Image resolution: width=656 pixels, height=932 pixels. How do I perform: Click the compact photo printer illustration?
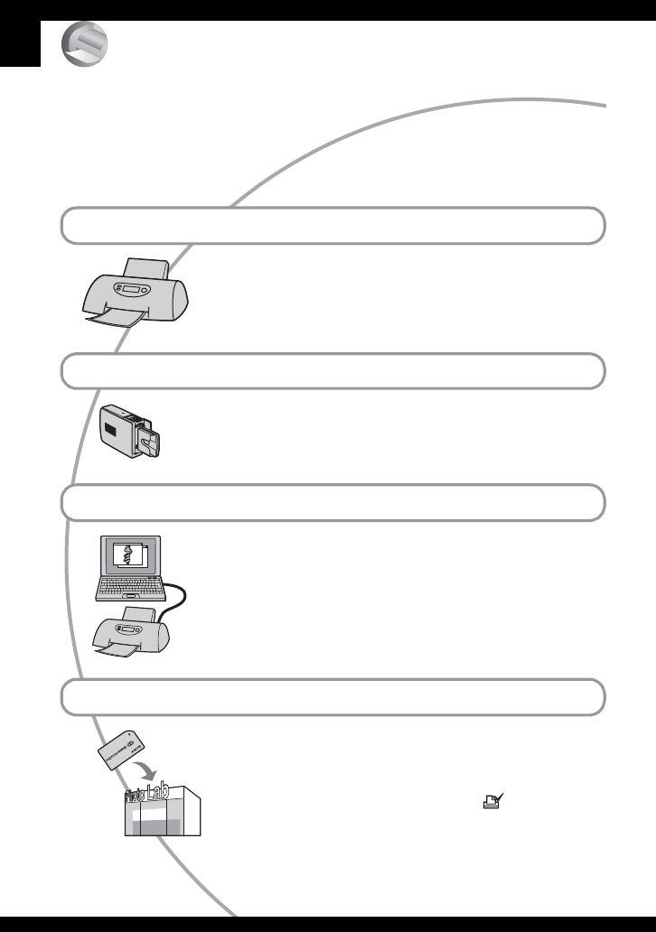[x=132, y=433]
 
